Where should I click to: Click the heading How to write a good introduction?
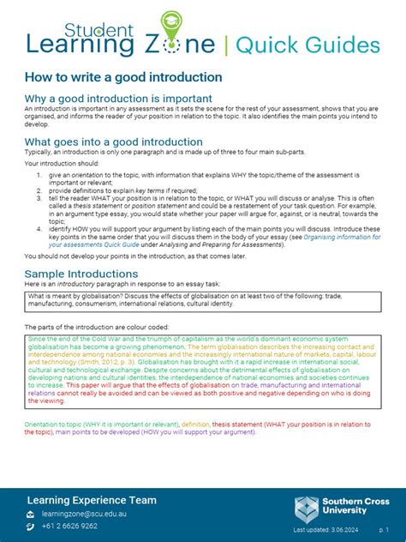123,77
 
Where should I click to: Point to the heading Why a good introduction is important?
119,99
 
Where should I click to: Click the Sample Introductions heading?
81,274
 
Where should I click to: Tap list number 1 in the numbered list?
39,174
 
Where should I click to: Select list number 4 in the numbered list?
39,231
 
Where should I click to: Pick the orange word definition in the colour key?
195,425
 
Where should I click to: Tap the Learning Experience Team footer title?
92,500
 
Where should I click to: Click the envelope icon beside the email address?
32,514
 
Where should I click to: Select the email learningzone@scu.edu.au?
84,514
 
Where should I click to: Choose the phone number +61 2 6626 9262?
70,526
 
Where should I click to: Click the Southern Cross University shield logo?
307,509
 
